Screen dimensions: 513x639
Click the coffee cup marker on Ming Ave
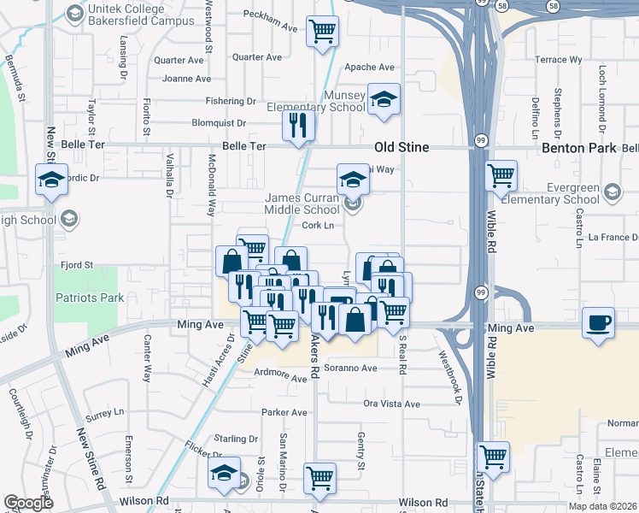coord(599,324)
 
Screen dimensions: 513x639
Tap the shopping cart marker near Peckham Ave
coord(322,32)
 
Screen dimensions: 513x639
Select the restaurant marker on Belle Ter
coord(298,126)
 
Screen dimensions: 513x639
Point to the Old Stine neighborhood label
coord(402,147)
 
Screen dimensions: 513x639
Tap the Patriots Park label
coord(90,298)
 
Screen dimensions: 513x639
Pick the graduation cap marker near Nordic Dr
coord(52,180)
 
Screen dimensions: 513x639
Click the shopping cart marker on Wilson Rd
coord(319,479)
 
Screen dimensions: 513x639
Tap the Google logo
coord(28,503)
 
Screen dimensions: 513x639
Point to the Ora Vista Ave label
coord(392,404)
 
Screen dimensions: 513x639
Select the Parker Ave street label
coord(284,412)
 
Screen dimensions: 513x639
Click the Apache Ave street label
coord(369,68)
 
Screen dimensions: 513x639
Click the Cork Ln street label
coord(317,226)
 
